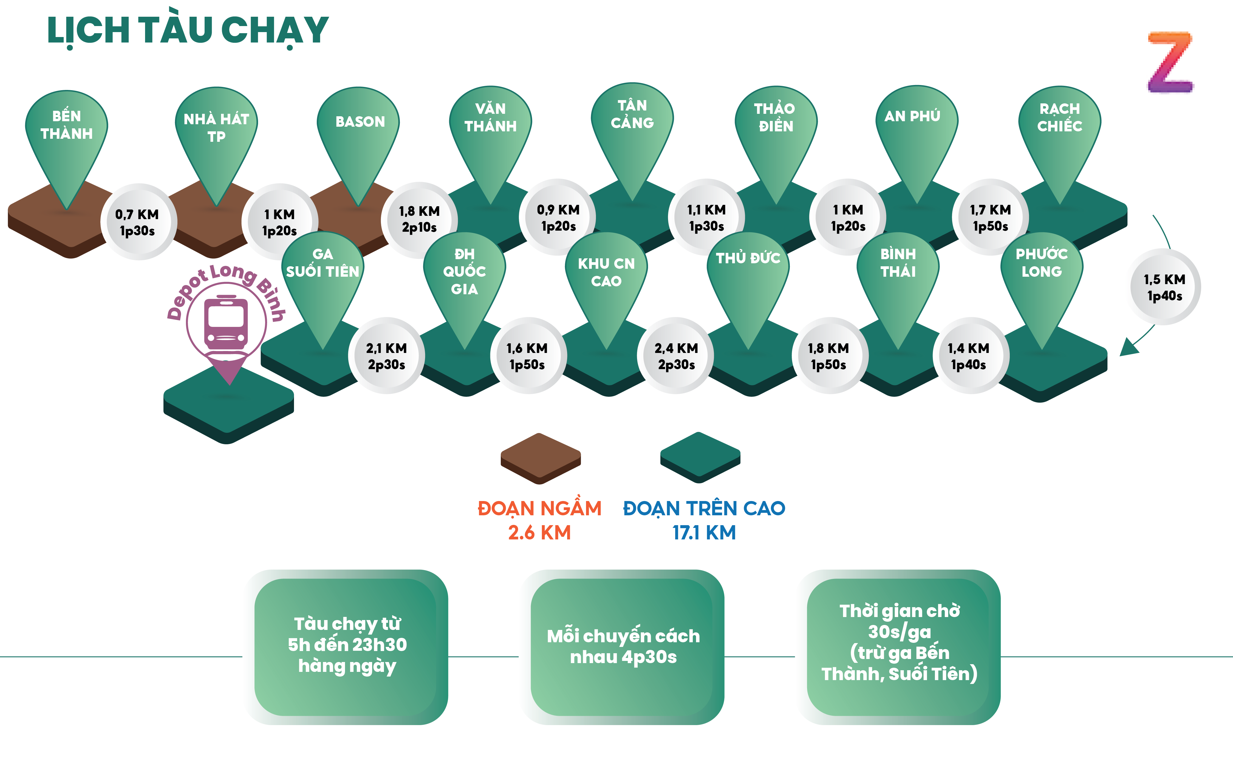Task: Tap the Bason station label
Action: click(x=360, y=122)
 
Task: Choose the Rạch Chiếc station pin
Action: click(x=1059, y=131)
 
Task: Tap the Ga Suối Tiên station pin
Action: click(x=323, y=277)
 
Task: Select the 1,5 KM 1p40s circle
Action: click(x=1164, y=287)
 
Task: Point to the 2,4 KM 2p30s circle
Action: click(x=676, y=356)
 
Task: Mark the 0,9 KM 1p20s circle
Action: click(x=558, y=217)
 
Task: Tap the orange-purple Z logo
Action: click(x=1170, y=63)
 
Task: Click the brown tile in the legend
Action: click(x=541, y=457)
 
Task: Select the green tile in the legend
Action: click(x=700, y=456)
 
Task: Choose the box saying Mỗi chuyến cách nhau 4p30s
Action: click(x=623, y=647)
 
